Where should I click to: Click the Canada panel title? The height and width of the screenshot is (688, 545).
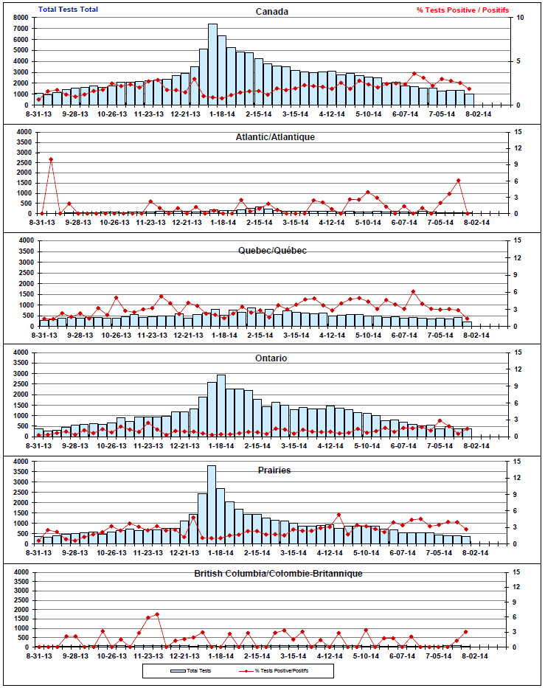click(272, 12)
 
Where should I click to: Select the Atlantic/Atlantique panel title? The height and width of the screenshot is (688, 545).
click(275, 137)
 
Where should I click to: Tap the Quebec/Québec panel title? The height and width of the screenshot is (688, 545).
click(273, 250)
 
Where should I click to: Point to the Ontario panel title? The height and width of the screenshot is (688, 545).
click(272, 358)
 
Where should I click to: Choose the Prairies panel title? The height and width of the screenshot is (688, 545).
click(274, 470)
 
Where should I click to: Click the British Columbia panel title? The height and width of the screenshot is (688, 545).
click(279, 573)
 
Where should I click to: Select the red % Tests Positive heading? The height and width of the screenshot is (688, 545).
click(462, 10)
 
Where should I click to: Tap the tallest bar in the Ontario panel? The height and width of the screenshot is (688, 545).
click(221, 406)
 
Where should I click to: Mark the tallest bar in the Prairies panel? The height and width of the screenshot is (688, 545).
click(212, 504)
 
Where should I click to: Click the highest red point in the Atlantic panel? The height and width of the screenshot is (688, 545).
click(51, 159)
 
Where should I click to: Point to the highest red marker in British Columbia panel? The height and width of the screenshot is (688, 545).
click(157, 614)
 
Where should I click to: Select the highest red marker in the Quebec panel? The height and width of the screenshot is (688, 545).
click(414, 291)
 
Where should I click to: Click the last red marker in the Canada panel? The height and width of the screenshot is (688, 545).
click(469, 89)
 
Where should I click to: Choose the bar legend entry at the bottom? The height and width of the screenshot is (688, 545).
click(192, 671)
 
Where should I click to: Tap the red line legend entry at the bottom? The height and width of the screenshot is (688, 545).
click(272, 671)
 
